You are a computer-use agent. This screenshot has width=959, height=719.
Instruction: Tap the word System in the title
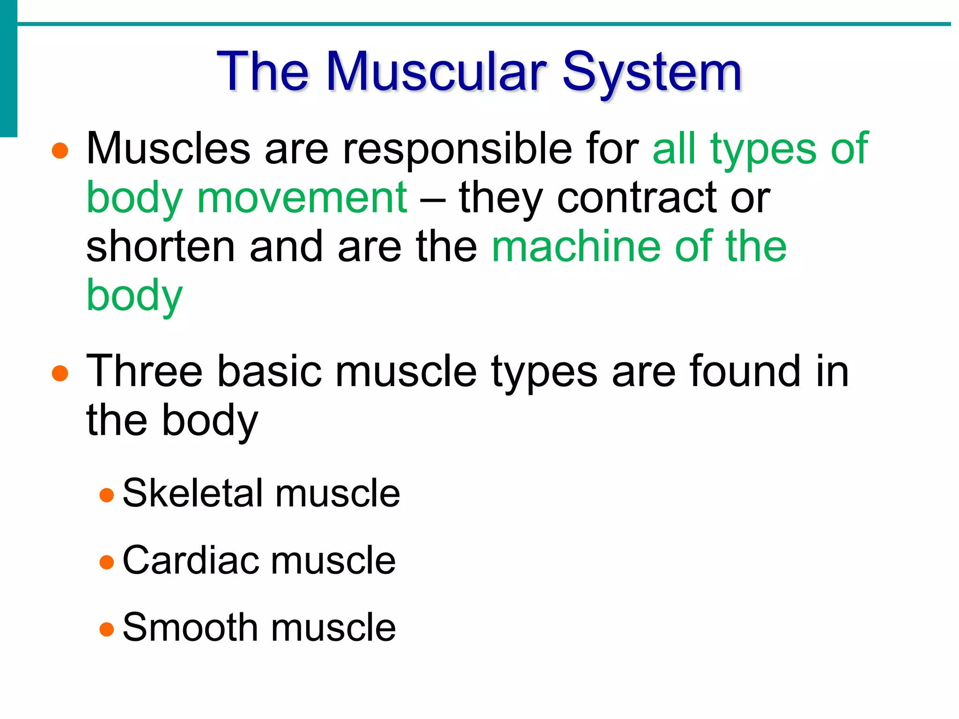652,73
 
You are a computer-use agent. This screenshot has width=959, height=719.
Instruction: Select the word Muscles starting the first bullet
168,148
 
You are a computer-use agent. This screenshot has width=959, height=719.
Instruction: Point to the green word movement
302,198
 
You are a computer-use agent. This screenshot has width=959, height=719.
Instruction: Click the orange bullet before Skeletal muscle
107,495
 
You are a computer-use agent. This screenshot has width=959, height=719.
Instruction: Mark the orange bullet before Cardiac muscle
107,562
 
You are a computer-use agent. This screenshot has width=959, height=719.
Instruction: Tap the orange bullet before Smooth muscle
107,629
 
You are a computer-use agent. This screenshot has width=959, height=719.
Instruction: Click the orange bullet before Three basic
60,374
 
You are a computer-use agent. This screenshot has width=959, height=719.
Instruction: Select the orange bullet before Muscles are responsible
60,151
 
